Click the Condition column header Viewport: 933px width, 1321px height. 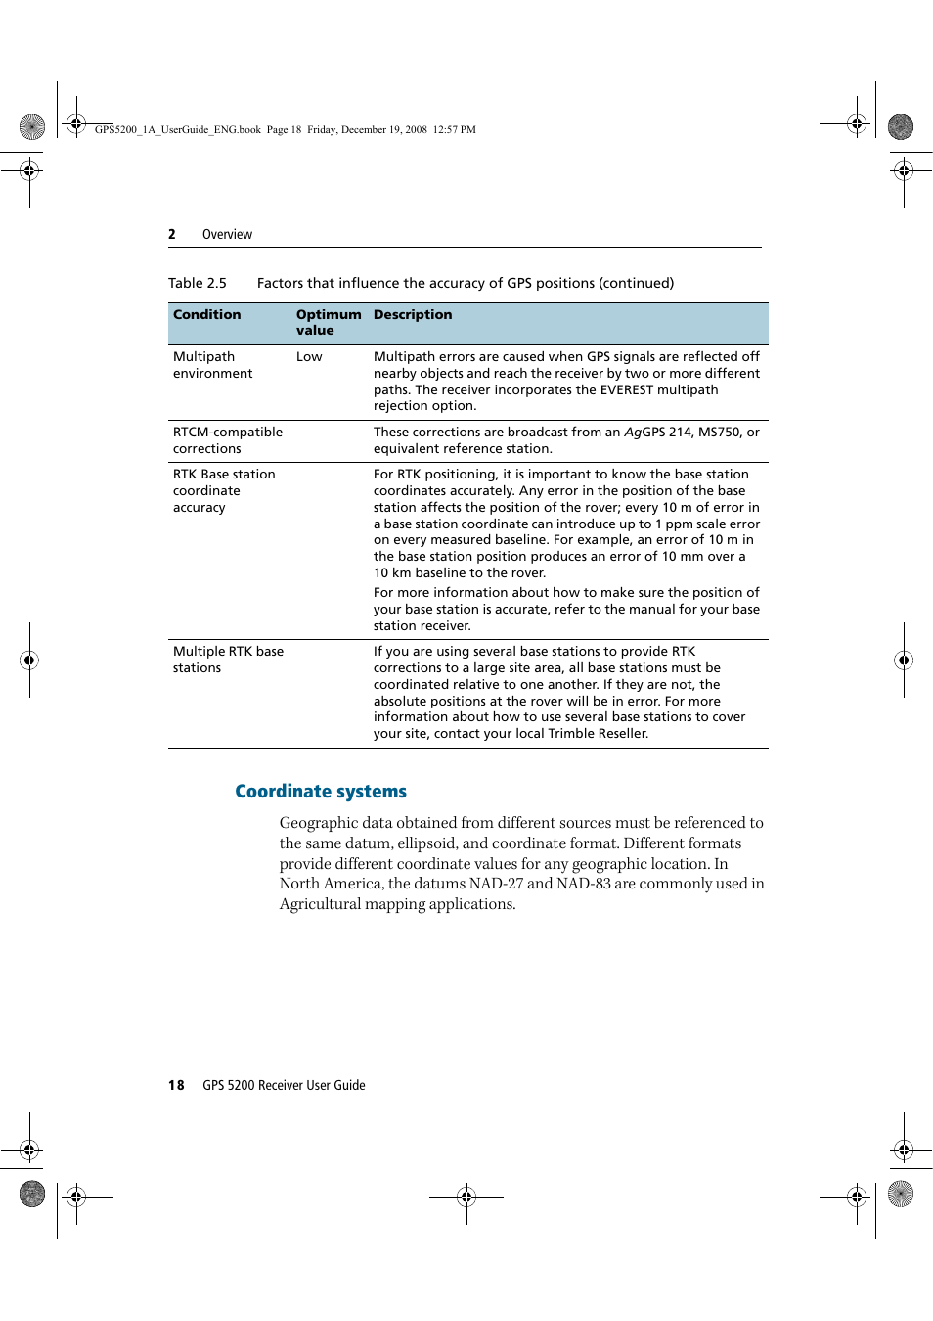click(x=206, y=315)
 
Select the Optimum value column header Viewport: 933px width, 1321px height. click(x=328, y=322)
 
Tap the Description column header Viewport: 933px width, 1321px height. click(x=412, y=315)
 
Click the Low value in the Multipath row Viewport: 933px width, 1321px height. click(x=309, y=357)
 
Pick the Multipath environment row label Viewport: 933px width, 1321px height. click(x=212, y=365)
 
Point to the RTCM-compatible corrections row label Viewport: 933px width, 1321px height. click(x=227, y=440)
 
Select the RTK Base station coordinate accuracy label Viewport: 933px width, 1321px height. click(x=224, y=490)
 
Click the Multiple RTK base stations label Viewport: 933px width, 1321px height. click(x=228, y=660)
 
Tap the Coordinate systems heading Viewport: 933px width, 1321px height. click(x=320, y=791)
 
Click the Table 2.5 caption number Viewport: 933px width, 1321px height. click(x=197, y=283)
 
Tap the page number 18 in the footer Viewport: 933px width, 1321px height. click(x=176, y=1085)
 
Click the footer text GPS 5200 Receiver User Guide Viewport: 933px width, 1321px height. click(x=284, y=1085)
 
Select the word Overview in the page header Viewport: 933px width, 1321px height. click(x=227, y=235)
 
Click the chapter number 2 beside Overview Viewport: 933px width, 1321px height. click(x=172, y=235)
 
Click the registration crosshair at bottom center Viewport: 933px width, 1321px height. click(x=466, y=1196)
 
